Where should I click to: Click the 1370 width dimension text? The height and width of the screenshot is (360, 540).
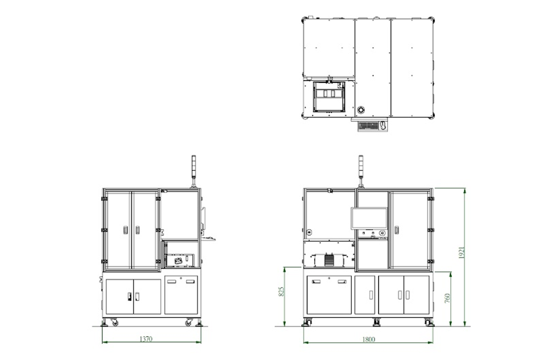(x=146, y=339)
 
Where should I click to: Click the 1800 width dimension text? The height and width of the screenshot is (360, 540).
(x=368, y=340)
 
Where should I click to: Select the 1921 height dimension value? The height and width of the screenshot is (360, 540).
(x=462, y=252)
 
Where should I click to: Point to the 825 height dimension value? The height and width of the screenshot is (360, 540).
(x=281, y=291)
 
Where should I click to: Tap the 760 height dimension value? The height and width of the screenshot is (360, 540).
(x=447, y=297)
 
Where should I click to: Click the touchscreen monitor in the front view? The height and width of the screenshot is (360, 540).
(x=369, y=218)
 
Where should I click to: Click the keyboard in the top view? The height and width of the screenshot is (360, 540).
(x=368, y=126)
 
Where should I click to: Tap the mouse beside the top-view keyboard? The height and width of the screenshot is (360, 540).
(x=383, y=125)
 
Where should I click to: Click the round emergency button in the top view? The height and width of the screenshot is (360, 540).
(x=361, y=110)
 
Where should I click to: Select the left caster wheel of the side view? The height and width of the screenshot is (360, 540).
(x=114, y=323)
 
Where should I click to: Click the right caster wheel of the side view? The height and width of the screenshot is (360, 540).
(x=189, y=323)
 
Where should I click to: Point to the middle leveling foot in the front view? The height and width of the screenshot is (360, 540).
(x=377, y=322)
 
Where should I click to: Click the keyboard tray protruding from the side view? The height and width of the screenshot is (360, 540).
(x=208, y=238)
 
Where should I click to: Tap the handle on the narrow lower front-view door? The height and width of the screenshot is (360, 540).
(x=371, y=295)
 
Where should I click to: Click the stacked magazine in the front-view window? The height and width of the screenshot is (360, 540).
(x=329, y=260)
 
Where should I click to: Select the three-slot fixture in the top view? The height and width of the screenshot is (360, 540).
(x=329, y=93)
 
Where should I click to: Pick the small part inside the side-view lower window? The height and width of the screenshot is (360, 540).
(x=178, y=261)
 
